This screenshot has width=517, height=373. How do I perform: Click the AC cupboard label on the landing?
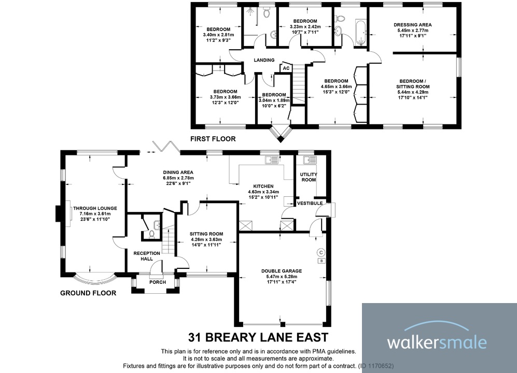click(x=286, y=68)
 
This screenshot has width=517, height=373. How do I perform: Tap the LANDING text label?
click(x=264, y=60)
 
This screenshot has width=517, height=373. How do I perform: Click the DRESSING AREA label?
click(x=412, y=24)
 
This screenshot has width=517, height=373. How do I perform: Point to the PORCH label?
click(x=157, y=282)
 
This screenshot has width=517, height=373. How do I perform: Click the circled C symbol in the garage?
click(x=322, y=252)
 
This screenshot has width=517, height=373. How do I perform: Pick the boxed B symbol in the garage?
click(x=322, y=261)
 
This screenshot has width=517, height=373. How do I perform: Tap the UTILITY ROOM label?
click(x=309, y=177)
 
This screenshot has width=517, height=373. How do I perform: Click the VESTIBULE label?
click(x=310, y=203)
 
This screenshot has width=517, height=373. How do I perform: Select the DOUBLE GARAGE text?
click(x=282, y=270)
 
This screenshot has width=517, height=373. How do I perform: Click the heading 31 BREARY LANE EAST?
click(x=258, y=337)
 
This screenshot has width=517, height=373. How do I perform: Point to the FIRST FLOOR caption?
click(x=213, y=139)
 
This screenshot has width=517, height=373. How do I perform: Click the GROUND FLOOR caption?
click(x=88, y=293)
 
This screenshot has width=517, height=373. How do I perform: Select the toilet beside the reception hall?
click(x=151, y=234)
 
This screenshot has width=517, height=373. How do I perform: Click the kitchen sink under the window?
click(x=272, y=160)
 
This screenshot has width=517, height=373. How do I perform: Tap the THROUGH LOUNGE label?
click(x=95, y=208)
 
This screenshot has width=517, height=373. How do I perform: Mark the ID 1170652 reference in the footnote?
click(x=376, y=366)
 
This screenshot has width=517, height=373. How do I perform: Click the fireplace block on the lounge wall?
click(x=58, y=214)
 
